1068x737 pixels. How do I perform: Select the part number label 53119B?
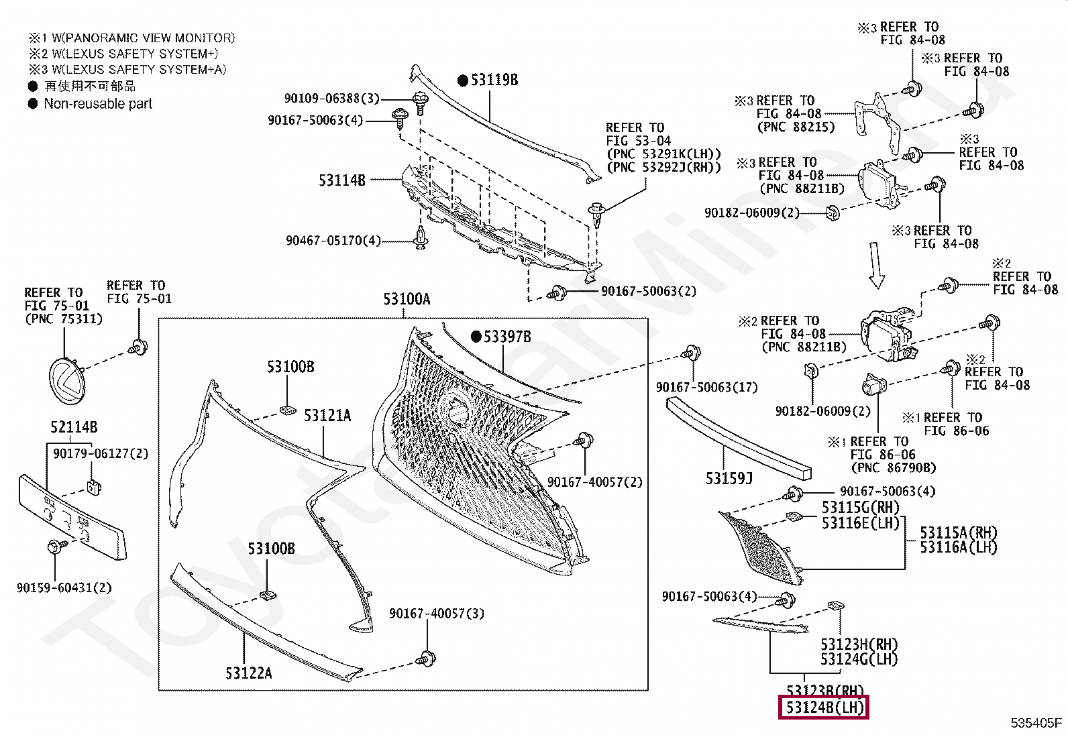pos(494,80)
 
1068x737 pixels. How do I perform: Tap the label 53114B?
pos(342,180)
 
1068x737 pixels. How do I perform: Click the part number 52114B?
pos(74,427)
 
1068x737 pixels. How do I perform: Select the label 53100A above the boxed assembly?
pos(407,299)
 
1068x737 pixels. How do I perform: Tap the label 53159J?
pos(729,479)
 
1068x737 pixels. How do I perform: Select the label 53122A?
pos(248,673)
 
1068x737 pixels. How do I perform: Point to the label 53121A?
pos(327,416)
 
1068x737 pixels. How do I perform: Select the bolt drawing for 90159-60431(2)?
pos(53,547)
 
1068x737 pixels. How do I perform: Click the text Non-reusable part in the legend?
pos(98,104)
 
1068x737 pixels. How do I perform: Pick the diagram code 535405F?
pos(1036,723)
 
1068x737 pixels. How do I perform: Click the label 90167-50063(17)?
pos(706,387)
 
